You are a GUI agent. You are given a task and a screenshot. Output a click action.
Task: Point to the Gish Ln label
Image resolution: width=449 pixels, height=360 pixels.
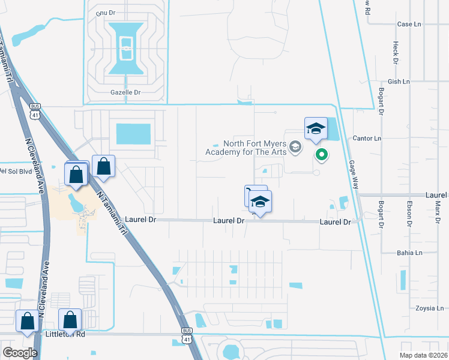[x=399, y=82]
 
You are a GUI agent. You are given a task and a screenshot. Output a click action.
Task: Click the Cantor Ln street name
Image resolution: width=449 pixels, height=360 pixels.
[x=367, y=139]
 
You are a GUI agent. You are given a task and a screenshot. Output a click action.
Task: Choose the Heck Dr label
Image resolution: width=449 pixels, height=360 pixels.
[x=395, y=53]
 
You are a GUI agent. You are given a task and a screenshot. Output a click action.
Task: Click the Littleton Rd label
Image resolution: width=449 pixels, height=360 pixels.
[x=64, y=334]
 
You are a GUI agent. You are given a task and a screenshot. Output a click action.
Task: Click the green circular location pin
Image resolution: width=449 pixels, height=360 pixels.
[x=322, y=155]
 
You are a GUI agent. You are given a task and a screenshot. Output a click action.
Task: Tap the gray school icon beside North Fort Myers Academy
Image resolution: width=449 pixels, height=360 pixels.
[x=295, y=146]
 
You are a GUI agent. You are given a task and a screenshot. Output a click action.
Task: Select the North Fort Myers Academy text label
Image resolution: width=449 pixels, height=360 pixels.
[x=247, y=148]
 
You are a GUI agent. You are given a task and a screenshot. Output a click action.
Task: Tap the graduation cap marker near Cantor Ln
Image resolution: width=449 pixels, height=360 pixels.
[x=316, y=129]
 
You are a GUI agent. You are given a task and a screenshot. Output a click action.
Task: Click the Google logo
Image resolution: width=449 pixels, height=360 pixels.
[x=20, y=352]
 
